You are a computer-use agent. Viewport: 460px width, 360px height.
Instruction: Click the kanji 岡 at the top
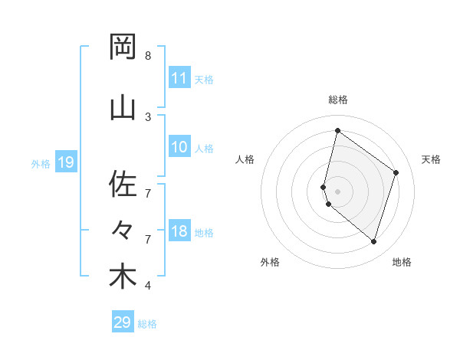pyautogui.click(x=123, y=47)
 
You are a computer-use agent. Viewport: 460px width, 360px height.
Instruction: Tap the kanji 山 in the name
pyautogui.click(x=123, y=106)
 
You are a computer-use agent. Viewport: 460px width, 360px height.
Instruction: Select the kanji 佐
pyautogui.click(x=123, y=184)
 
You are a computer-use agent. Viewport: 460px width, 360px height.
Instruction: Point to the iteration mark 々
pyautogui.click(x=123, y=230)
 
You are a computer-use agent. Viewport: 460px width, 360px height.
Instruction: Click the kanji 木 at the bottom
pyautogui.click(x=123, y=277)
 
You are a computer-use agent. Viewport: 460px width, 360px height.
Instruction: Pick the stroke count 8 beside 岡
pyautogui.click(x=148, y=56)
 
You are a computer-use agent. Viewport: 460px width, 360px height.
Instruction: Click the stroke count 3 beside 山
pyautogui.click(x=148, y=116)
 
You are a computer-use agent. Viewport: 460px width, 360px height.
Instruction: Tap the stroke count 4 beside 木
pyautogui.click(x=148, y=286)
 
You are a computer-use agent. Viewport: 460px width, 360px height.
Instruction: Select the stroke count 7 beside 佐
pyautogui.click(x=148, y=193)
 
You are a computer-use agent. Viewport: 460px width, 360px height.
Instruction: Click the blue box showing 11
pyautogui.click(x=179, y=78)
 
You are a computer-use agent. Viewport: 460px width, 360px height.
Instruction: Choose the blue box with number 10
pyautogui.click(x=179, y=147)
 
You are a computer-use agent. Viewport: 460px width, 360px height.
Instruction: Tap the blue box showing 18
pyautogui.click(x=179, y=232)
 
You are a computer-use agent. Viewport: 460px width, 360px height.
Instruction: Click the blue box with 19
pyautogui.click(x=65, y=162)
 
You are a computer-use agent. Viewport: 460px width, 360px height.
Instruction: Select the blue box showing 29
pyautogui.click(x=123, y=322)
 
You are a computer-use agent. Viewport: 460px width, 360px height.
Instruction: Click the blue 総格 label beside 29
pyautogui.click(x=148, y=324)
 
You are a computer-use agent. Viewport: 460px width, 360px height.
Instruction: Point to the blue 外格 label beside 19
pyautogui.click(x=41, y=163)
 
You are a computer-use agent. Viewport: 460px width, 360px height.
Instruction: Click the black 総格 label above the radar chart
pyautogui.click(x=338, y=100)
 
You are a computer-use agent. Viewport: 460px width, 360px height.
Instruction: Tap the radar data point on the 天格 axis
pyautogui.click(x=396, y=172)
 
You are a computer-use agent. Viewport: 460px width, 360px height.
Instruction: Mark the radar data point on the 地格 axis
pyautogui.click(x=373, y=241)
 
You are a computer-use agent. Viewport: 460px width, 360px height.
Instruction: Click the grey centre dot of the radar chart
pyautogui.click(x=338, y=191)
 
